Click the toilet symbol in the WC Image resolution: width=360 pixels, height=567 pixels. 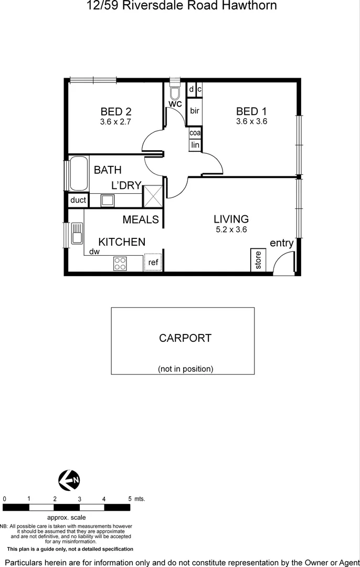[175, 92]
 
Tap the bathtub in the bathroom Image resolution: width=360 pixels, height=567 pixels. [79, 174]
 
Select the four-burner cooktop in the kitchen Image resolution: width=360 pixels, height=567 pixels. [120, 264]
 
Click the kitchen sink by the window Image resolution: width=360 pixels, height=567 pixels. [77, 233]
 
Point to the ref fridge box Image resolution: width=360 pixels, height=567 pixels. [153, 262]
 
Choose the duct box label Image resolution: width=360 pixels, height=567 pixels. [78, 200]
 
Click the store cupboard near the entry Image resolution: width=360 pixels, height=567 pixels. [258, 260]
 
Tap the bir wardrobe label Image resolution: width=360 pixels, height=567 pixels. [195, 111]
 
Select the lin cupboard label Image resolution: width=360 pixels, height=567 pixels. [195, 145]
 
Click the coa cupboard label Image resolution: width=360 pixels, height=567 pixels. [195, 133]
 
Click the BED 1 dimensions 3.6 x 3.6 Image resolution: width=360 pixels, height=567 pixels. [251, 121]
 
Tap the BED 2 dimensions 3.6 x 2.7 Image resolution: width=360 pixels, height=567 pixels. [115, 121]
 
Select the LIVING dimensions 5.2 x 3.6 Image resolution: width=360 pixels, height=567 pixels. [231, 229]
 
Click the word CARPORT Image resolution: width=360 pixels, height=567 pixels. [185, 338]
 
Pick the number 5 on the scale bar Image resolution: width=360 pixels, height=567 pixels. [130, 499]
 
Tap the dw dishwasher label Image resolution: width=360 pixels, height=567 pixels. [94, 251]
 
